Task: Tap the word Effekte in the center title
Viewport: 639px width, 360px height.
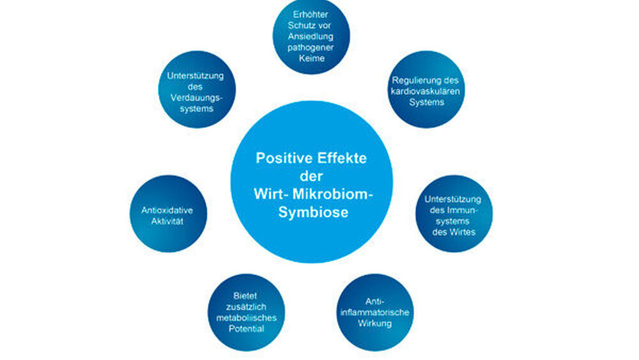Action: click(x=342, y=158)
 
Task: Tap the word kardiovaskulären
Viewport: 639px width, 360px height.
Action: click(x=426, y=91)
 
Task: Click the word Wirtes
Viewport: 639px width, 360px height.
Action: click(x=454, y=231)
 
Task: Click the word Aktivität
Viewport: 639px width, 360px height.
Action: click(x=168, y=220)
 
